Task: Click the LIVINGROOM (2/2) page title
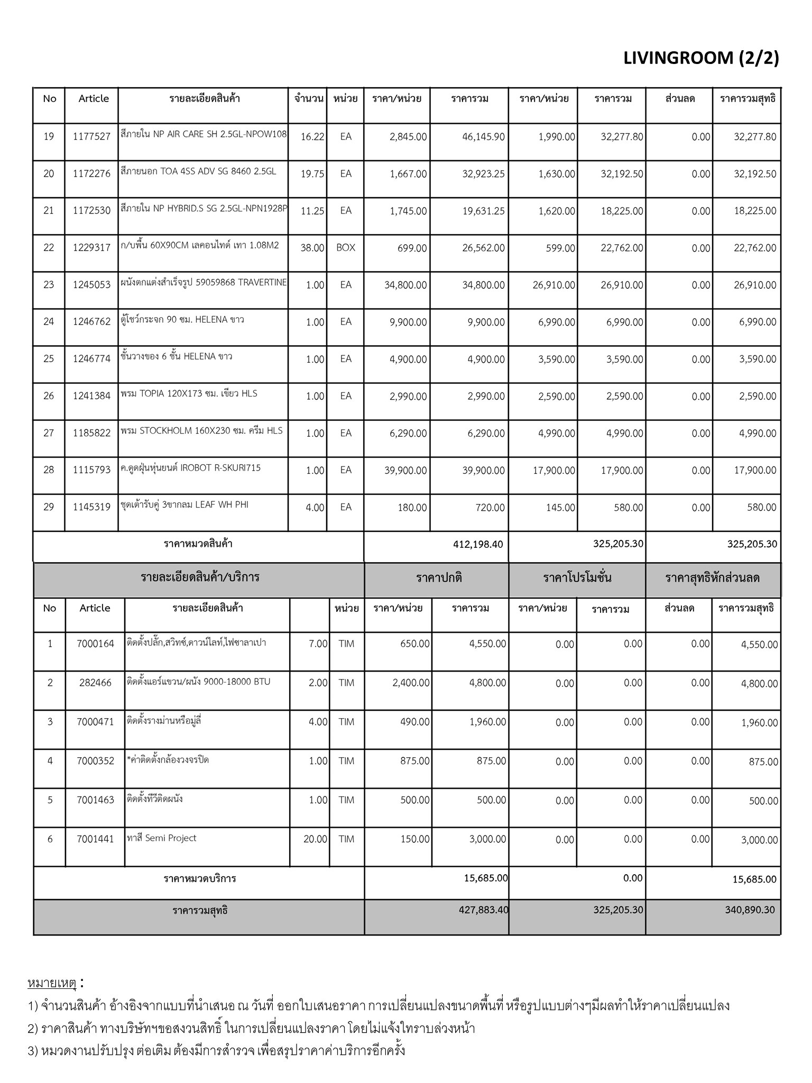click(701, 58)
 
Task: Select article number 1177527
click(91, 137)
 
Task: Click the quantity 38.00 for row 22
click(312, 248)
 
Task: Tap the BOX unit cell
click(346, 248)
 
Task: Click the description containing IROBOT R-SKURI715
click(190, 468)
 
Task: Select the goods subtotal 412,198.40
click(478, 544)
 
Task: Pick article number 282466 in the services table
click(95, 683)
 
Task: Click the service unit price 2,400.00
click(411, 683)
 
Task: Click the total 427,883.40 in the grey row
click(484, 910)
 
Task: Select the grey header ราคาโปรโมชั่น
click(577, 578)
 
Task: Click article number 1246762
click(91, 322)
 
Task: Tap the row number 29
click(49, 507)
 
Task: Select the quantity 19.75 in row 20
click(312, 174)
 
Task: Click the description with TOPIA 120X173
click(189, 393)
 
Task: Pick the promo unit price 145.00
click(561, 508)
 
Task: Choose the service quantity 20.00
click(315, 839)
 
